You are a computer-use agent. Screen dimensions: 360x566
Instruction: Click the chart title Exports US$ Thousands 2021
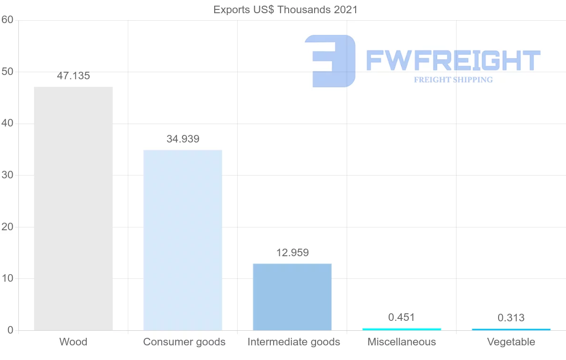point(285,9)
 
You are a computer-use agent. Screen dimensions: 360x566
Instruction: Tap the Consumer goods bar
point(183,240)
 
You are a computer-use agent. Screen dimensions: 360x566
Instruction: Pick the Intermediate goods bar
point(292,297)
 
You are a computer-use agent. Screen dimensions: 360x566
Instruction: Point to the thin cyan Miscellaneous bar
point(401,329)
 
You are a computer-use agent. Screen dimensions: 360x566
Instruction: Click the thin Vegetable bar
point(511,329)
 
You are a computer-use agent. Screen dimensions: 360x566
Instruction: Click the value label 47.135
point(73,76)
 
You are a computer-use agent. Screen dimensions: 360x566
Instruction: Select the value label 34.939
point(183,139)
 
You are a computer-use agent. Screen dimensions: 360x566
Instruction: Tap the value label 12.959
point(292,253)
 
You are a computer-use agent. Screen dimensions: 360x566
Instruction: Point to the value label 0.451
point(401,318)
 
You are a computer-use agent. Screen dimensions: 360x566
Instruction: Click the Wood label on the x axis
point(73,342)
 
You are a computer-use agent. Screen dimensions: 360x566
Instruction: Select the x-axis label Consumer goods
point(184,342)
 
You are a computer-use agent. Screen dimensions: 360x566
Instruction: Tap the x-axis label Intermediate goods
point(293,342)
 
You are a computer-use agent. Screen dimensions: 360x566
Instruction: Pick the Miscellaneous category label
point(401,342)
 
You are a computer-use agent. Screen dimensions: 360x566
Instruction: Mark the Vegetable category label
point(511,342)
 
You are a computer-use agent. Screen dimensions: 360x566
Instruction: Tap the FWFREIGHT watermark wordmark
point(453,60)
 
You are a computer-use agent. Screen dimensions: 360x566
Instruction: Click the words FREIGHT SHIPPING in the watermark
point(453,80)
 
